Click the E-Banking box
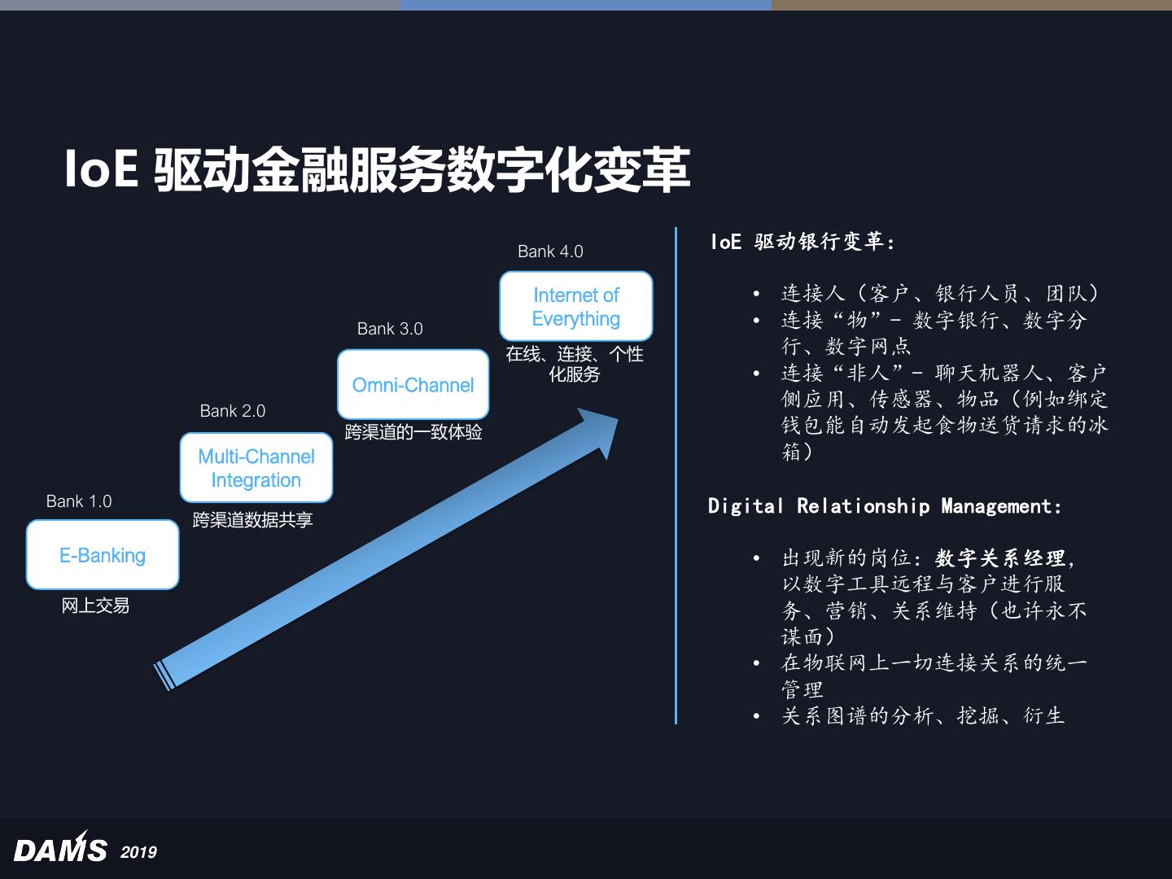[103, 555]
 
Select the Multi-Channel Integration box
[256, 468]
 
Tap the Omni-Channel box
[413, 385]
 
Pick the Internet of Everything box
[575, 307]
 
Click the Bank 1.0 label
[79, 501]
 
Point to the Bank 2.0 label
[233, 411]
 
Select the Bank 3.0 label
[390, 329]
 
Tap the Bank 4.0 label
[550, 251]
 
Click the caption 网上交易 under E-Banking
[95, 606]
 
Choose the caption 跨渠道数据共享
[252, 520]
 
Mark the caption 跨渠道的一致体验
[413, 432]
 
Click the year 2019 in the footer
[138, 852]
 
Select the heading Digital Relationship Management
[885, 506]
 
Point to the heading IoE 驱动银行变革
[802, 242]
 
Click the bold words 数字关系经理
[1000, 558]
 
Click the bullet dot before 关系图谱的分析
[756, 716]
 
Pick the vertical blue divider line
[676, 475]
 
